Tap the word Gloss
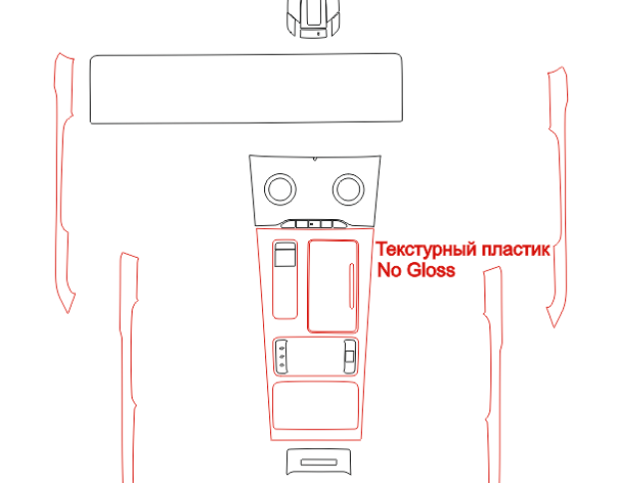pyautogui.click(x=431, y=270)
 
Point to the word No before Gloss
pyautogui.click(x=390, y=270)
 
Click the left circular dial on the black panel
pyautogui.click(x=280, y=174)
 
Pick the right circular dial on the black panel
pyautogui.click(x=349, y=174)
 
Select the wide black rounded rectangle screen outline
pyautogui.click(x=246, y=54)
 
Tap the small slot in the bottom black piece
pyautogui.click(x=319, y=462)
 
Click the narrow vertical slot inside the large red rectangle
pyautogui.click(x=351, y=286)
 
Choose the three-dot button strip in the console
pyautogui.click(x=281, y=357)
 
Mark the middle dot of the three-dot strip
pyautogui.click(x=281, y=357)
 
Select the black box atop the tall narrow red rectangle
pyautogui.click(x=285, y=254)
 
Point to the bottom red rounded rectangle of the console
pyautogui.click(x=315, y=381)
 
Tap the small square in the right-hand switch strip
pyautogui.click(x=349, y=357)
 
